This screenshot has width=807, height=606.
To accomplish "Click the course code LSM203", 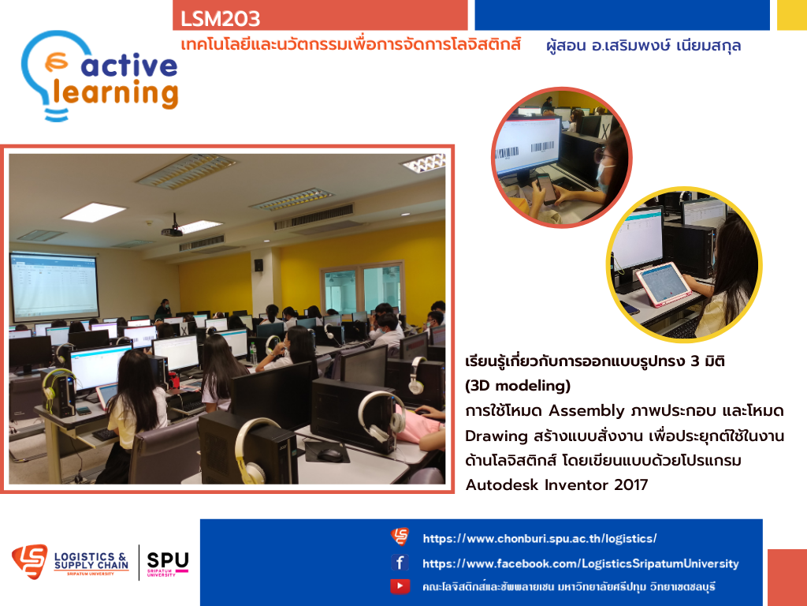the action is click(x=220, y=19).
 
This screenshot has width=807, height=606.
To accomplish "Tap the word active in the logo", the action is click(x=129, y=65).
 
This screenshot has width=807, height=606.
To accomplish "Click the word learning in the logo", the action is click(x=116, y=93).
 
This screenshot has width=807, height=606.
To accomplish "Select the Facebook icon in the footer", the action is click(x=400, y=562).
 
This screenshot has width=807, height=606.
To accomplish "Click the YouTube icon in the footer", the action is click(x=400, y=586).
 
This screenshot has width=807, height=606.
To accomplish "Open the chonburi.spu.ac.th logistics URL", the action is click(x=539, y=538).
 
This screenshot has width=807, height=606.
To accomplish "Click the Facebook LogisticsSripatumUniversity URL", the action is click(x=581, y=563).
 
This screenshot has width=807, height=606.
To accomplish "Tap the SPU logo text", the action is click(x=168, y=560).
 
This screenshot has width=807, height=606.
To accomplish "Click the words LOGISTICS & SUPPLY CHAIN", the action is click(x=91, y=561).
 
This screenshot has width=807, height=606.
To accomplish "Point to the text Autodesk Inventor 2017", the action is click(x=556, y=485).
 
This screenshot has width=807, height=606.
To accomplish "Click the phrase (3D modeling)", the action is click(x=518, y=385).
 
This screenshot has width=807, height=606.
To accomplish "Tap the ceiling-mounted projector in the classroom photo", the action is click(x=173, y=230).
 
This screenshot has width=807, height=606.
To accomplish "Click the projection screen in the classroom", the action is click(x=54, y=285).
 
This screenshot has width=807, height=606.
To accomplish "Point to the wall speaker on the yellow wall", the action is click(x=258, y=265).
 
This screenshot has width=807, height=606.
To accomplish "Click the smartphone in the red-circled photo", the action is click(x=545, y=188).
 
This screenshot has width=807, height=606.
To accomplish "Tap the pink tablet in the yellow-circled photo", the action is click(x=663, y=284).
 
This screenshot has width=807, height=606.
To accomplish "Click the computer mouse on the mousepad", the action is click(x=329, y=455).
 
